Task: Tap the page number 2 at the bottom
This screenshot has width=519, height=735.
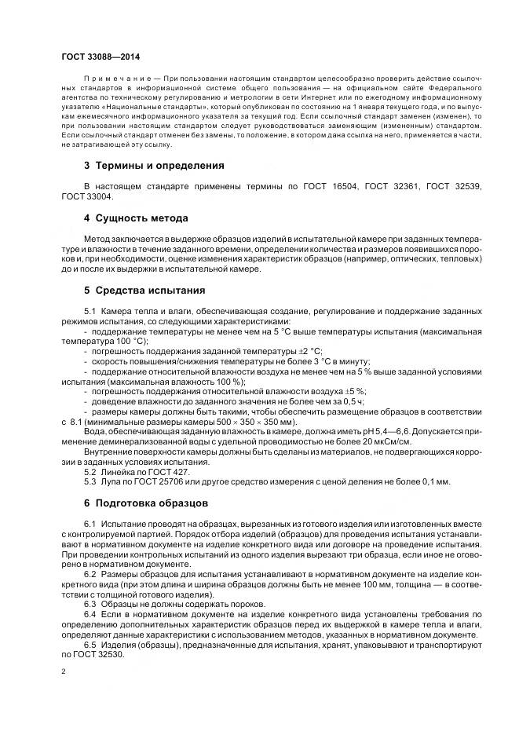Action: [63, 672]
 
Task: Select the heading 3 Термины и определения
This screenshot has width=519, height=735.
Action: [154, 166]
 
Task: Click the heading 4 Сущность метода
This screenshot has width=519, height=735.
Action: [135, 218]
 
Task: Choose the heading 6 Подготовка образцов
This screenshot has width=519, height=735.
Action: [146, 502]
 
